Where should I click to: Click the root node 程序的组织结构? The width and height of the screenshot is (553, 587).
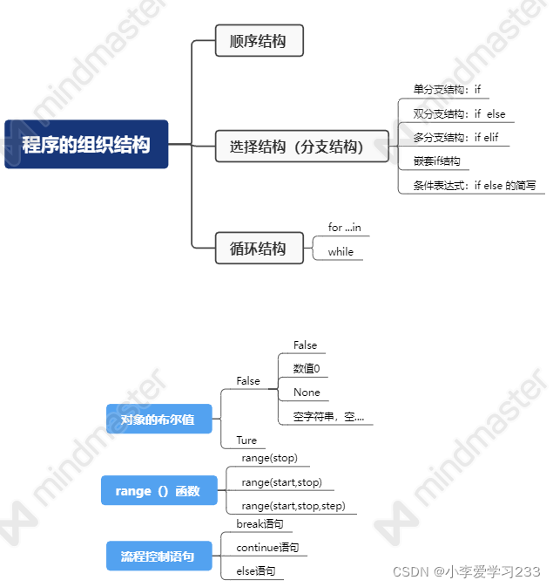[x=86, y=144]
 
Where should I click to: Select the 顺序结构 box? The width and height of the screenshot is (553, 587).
[x=259, y=40]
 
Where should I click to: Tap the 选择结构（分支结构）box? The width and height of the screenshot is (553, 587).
[x=301, y=146]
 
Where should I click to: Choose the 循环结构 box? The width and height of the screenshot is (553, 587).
[x=259, y=249]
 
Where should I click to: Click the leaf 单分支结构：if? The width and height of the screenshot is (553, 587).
[x=447, y=89]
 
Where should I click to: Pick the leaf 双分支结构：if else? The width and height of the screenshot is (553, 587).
[x=459, y=113]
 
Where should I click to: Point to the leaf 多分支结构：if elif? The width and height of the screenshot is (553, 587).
[x=455, y=137]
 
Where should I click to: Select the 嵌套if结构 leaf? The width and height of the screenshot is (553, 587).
[x=437, y=161]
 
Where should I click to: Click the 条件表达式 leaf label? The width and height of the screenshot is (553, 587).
[x=475, y=186]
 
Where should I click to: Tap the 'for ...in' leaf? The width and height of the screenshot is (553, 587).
[x=344, y=228]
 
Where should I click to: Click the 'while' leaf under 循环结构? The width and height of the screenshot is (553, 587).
[x=341, y=252]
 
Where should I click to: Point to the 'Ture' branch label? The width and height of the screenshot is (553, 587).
[x=246, y=440]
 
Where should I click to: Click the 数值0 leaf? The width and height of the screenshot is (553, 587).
[x=307, y=369]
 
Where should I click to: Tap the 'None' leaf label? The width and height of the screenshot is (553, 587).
[x=307, y=392]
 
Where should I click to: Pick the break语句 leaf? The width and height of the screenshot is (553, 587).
[x=260, y=523]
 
